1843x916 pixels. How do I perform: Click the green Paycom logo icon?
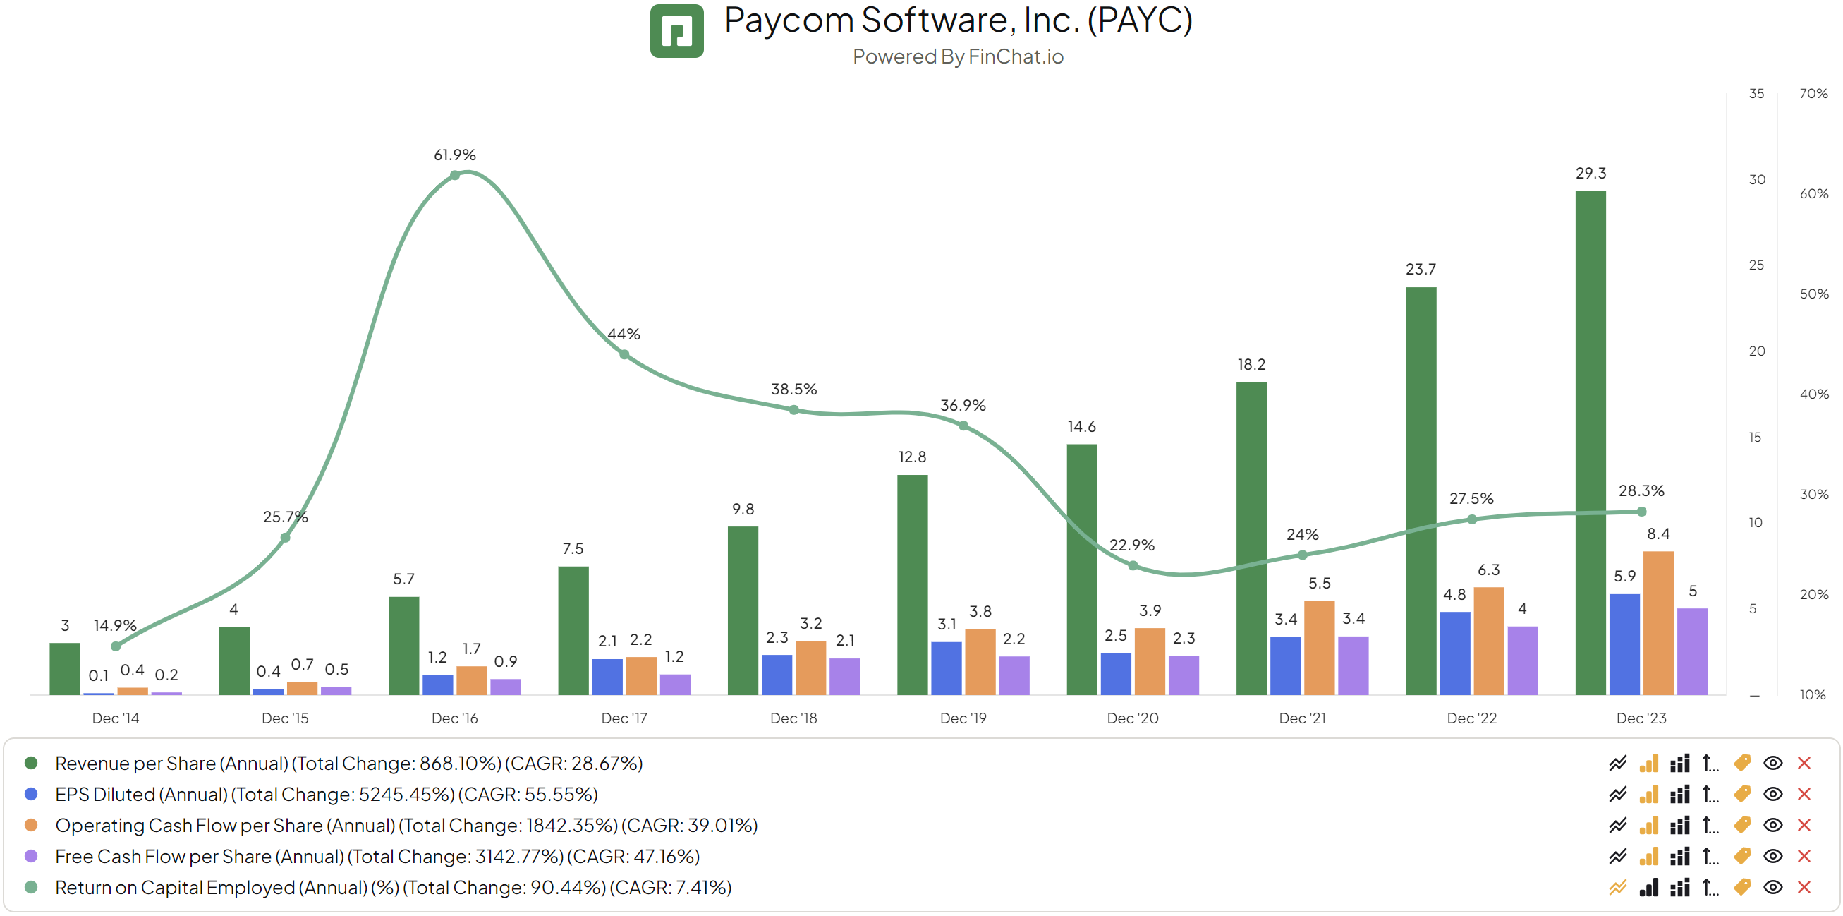click(x=676, y=31)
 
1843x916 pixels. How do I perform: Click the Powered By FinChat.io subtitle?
click(x=957, y=56)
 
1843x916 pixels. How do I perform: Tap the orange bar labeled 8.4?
click(x=1658, y=622)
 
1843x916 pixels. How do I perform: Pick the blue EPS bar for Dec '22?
click(x=1454, y=653)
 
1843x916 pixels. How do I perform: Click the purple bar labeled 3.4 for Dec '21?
click(x=1353, y=665)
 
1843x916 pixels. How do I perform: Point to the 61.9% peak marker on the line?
click(x=455, y=175)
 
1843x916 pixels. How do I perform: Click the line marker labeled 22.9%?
click(x=1133, y=565)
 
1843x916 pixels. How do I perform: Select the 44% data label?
click(x=624, y=335)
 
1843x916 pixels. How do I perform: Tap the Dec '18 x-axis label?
click(x=793, y=718)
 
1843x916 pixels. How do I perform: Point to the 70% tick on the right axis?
click(x=1813, y=94)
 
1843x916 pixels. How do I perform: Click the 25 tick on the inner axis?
click(x=1756, y=265)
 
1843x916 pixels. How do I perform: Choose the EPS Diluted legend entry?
click(x=326, y=795)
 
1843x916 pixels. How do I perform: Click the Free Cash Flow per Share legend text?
click(x=377, y=857)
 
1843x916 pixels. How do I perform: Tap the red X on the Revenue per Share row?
click(x=1804, y=764)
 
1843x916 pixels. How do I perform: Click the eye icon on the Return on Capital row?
click(x=1772, y=887)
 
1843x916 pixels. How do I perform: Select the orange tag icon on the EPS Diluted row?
click(x=1741, y=795)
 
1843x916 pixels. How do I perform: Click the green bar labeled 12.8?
click(x=912, y=584)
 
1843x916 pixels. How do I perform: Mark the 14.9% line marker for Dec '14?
click(x=116, y=646)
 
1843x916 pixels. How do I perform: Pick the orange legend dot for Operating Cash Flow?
click(x=31, y=825)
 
